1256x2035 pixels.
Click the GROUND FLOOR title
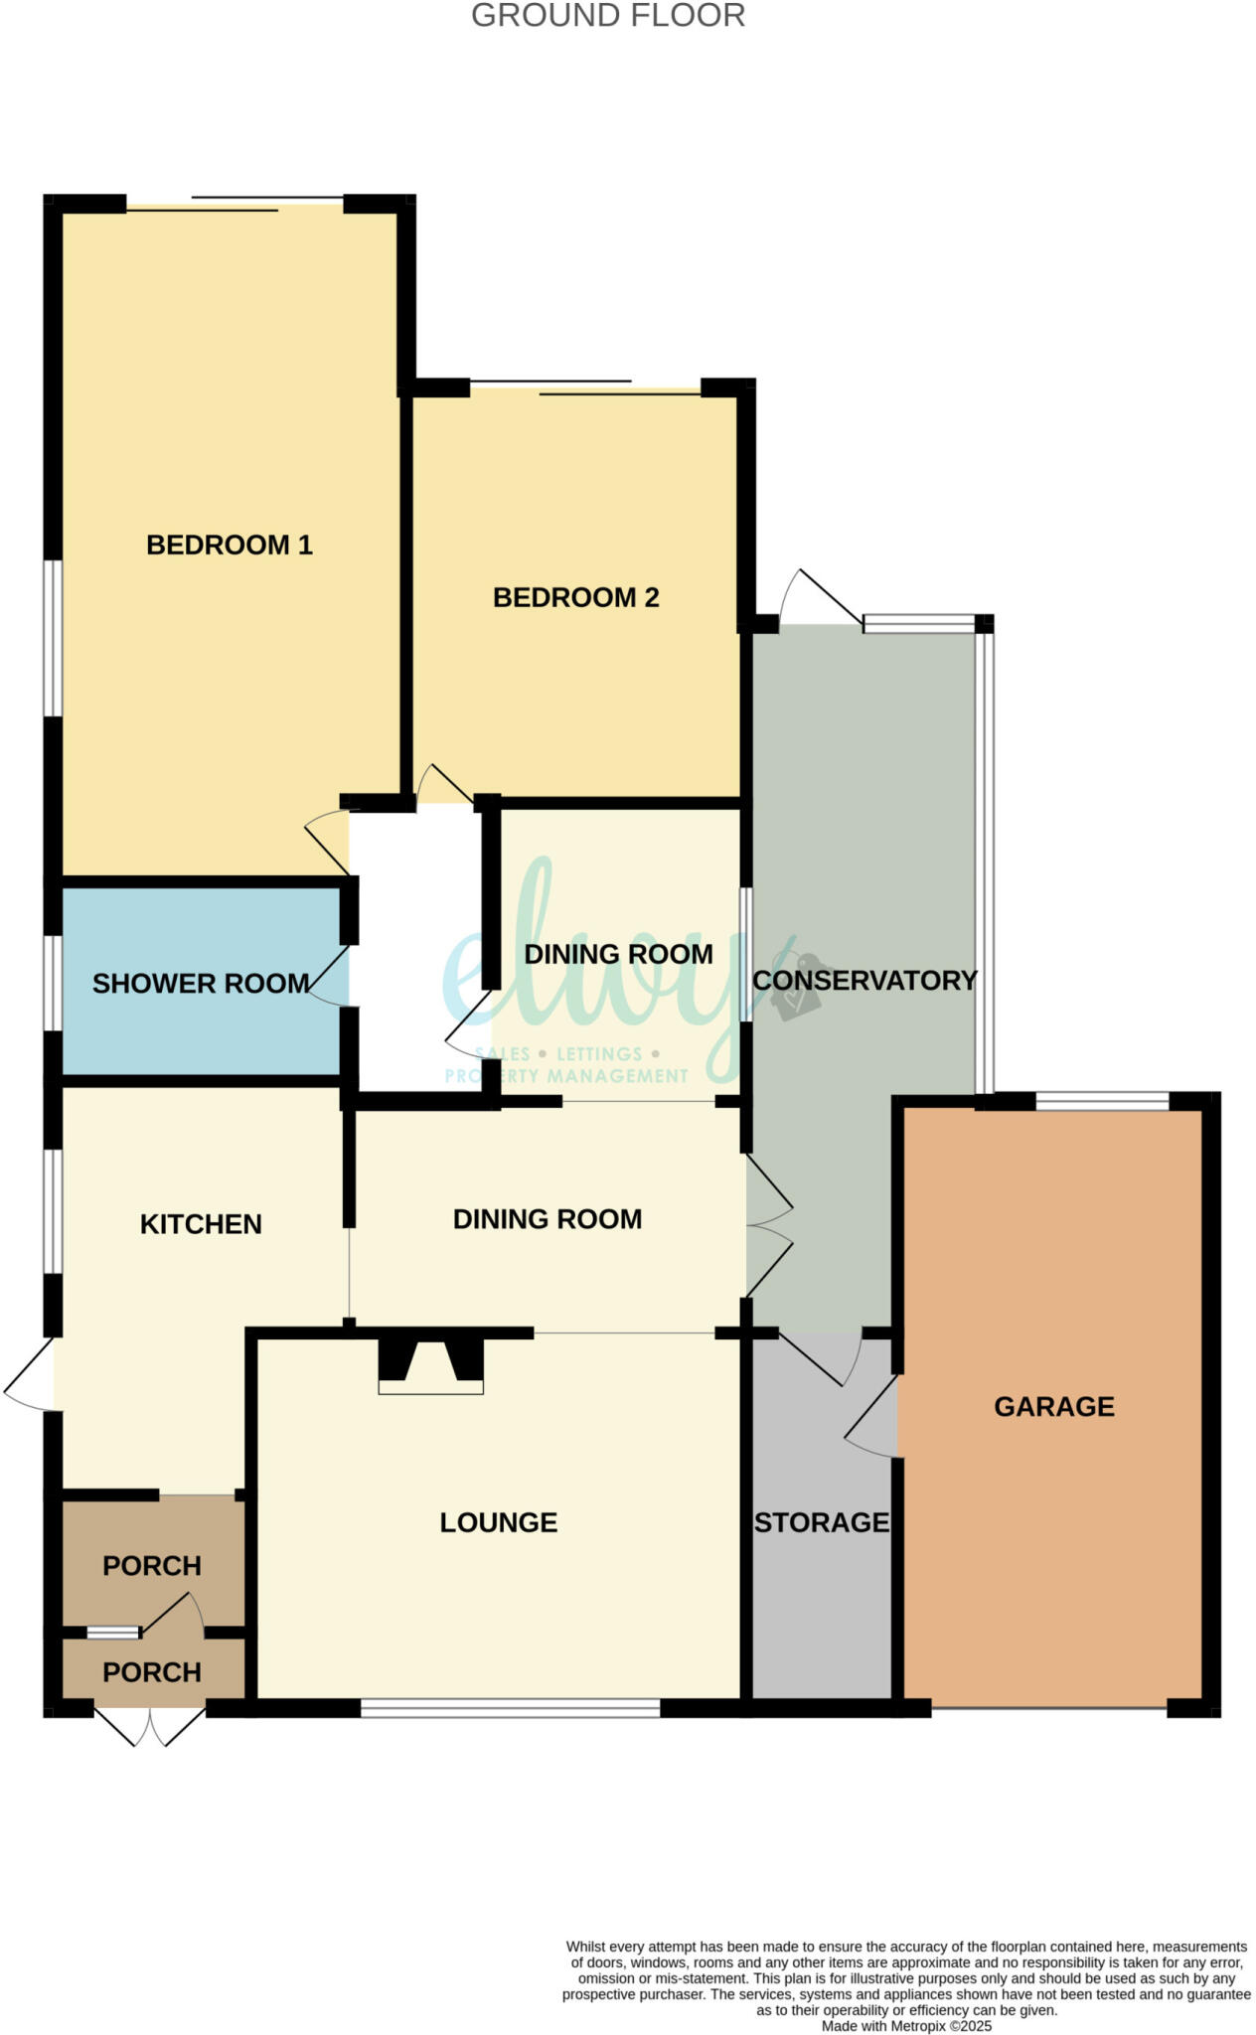[x=607, y=16]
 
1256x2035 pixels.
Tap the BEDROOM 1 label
[x=229, y=545]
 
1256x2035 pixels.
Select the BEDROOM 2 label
[x=575, y=597]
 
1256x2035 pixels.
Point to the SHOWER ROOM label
[x=200, y=984]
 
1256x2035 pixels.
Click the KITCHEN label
[x=201, y=1224]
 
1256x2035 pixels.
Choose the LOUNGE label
[x=498, y=1522]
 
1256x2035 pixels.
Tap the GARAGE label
[x=1053, y=1406]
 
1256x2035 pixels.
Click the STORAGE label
[x=821, y=1522]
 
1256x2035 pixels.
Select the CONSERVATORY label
[x=864, y=980]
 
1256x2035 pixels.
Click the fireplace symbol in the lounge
[x=430, y=1365]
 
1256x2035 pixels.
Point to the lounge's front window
[x=510, y=1708]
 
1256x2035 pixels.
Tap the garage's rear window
[x=1101, y=1100]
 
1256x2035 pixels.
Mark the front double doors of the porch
[x=149, y=1725]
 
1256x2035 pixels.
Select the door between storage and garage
[x=872, y=1419]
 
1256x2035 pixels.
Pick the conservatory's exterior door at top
[x=820, y=599]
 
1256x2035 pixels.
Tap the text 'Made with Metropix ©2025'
[x=905, y=2025]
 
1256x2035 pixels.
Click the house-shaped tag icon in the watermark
[x=798, y=986]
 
